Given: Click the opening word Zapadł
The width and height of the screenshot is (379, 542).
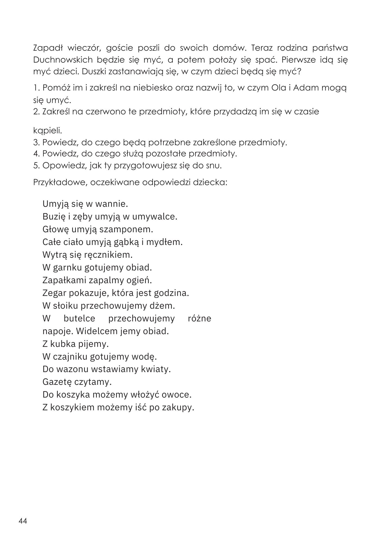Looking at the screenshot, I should pyautogui.click(x=48, y=48).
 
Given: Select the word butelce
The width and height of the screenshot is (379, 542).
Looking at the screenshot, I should pyautogui.click(x=79, y=318).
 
